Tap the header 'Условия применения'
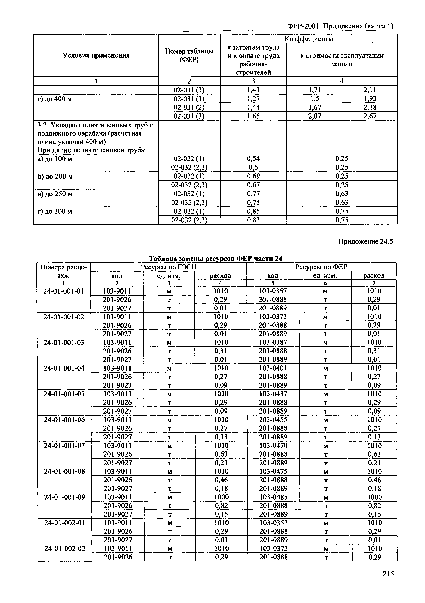point(96,55)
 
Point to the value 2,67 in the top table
point(370,116)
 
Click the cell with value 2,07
point(315,116)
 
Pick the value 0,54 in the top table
point(253,159)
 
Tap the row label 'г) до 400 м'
point(55,99)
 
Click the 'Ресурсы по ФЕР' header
point(321,267)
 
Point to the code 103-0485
point(273,497)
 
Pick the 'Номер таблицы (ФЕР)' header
point(189,55)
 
